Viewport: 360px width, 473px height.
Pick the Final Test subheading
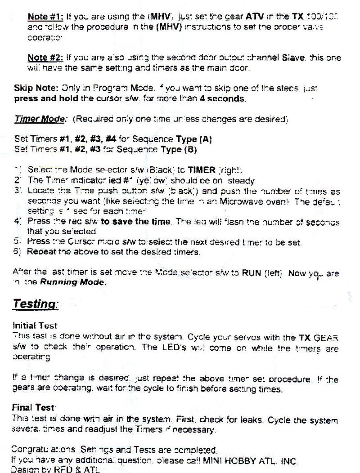click(x=33, y=408)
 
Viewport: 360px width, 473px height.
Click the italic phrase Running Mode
click(x=73, y=283)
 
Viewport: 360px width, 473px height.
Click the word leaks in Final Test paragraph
click(x=253, y=421)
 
